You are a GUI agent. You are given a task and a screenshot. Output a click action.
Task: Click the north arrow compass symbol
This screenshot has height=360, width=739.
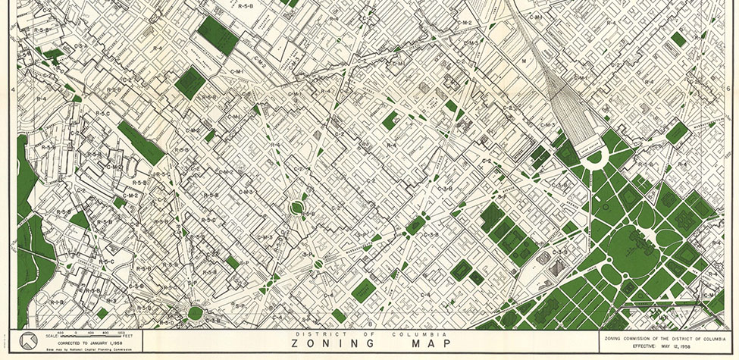tap(28, 341)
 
